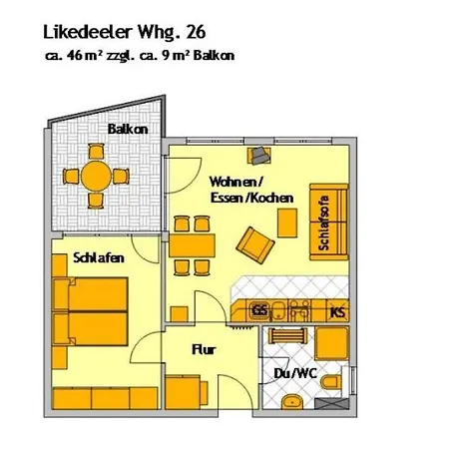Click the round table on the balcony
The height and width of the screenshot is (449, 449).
tap(98, 176)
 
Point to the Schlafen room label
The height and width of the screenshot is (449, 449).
tap(98, 257)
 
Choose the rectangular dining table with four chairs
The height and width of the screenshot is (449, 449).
tap(193, 245)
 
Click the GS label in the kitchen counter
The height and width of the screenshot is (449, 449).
tap(259, 311)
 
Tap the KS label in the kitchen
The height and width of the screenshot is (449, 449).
tap(338, 311)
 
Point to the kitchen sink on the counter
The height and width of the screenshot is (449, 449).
tap(296, 311)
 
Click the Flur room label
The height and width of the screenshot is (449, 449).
tap(206, 349)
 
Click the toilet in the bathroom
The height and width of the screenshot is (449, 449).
tap(341, 382)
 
